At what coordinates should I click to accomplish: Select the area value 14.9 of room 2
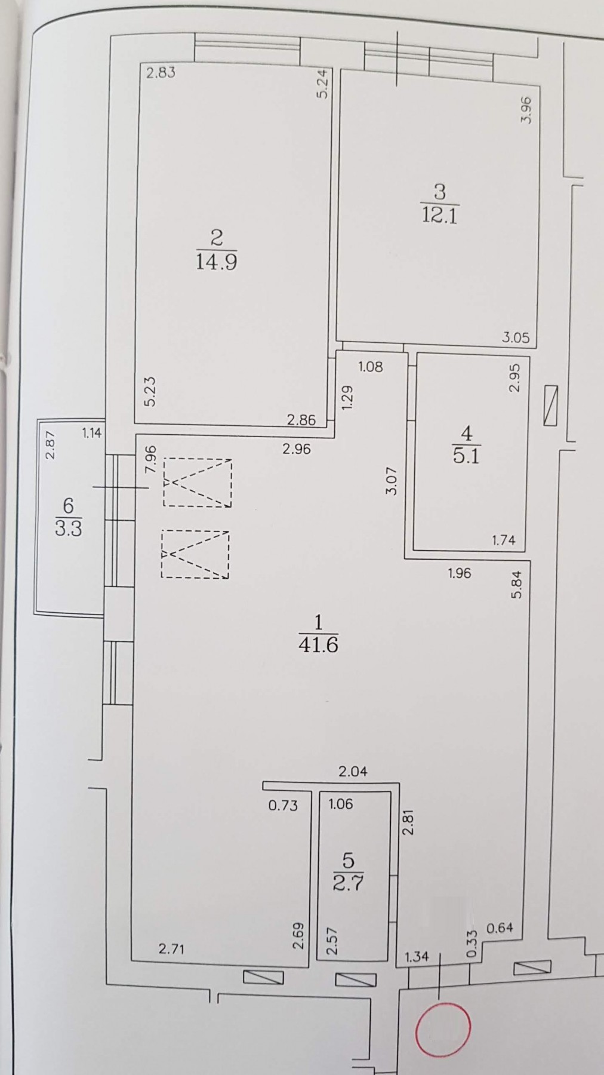[x=216, y=262]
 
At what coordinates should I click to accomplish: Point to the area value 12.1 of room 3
[x=439, y=215]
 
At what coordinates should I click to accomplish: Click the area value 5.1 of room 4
[x=466, y=456]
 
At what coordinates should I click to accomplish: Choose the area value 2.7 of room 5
[x=348, y=883]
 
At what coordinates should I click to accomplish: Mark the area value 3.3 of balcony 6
[x=68, y=529]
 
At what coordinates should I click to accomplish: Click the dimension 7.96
[x=151, y=459]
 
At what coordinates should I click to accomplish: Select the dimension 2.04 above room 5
[x=353, y=771]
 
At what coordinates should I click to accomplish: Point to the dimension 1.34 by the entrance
[x=417, y=956]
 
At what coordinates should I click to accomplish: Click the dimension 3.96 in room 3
[x=526, y=110]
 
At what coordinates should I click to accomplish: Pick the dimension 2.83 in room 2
[x=161, y=73]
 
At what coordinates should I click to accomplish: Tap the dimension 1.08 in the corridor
[x=370, y=367]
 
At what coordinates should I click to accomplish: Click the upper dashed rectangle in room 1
[x=198, y=483]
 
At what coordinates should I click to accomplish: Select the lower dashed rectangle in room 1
[x=195, y=554]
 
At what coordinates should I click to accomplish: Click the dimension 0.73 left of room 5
[x=282, y=805]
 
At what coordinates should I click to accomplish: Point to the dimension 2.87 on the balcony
[x=51, y=445]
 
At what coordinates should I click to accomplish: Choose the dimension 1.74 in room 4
[x=503, y=540]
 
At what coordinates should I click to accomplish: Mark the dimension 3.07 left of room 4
[x=392, y=481]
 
